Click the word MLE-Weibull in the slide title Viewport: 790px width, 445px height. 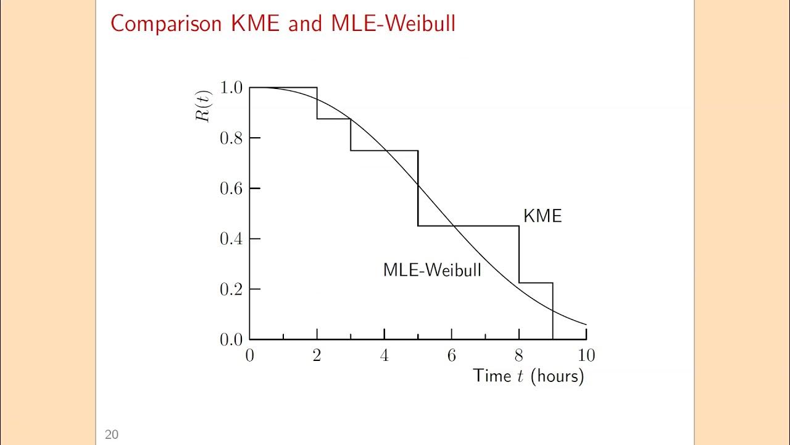point(393,23)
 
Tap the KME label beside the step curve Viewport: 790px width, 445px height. point(543,216)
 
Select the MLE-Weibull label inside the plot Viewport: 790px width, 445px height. point(432,270)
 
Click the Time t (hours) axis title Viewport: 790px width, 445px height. point(528,376)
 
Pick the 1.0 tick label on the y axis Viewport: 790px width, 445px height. point(231,88)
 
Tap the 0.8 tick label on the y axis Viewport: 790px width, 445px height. point(231,138)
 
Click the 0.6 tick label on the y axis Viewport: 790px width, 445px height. point(231,189)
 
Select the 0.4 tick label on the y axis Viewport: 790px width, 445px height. point(231,239)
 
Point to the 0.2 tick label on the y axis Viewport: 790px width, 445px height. point(231,289)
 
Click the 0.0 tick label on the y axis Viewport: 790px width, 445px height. point(231,339)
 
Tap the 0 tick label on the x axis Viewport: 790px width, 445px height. point(249,355)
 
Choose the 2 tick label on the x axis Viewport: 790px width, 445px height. point(317,355)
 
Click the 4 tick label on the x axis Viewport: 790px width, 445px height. point(384,355)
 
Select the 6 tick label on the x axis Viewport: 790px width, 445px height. point(452,355)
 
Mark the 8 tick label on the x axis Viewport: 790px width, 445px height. point(519,355)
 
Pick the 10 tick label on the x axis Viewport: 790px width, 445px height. point(586,355)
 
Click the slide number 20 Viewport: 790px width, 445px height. point(111,435)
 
